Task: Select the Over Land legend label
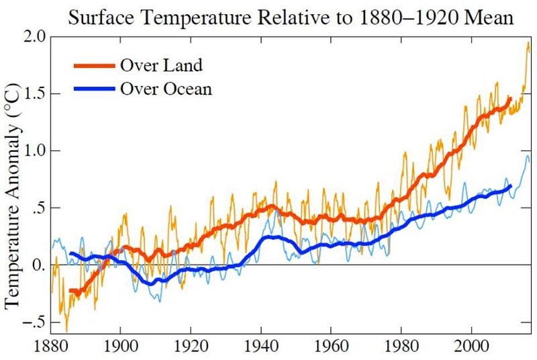coord(161,66)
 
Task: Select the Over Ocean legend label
coord(166,88)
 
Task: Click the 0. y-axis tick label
coord(41,265)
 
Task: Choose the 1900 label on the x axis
coord(121,347)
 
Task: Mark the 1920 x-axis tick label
coord(191,347)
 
